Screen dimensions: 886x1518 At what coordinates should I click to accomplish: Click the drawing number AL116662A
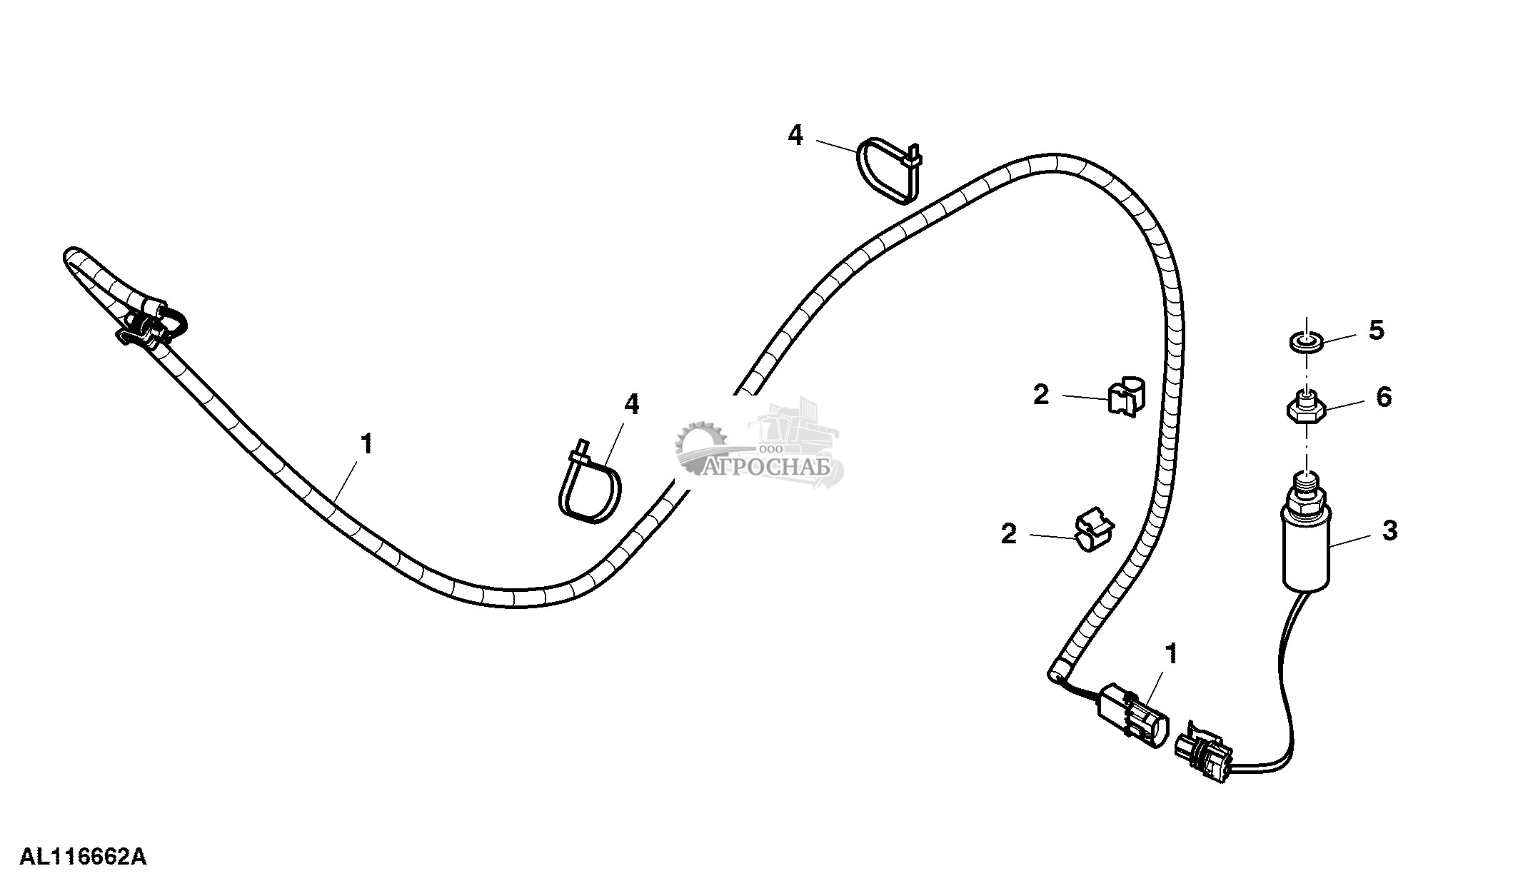click(x=83, y=856)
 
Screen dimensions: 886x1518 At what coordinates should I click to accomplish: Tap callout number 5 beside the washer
click(x=1377, y=330)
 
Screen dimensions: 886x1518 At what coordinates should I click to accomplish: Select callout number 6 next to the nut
click(x=1383, y=397)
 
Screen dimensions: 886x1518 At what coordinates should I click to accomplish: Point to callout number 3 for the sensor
click(x=1389, y=530)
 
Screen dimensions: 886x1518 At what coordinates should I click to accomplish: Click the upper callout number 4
click(x=795, y=135)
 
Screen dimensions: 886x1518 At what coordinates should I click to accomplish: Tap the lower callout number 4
click(x=632, y=405)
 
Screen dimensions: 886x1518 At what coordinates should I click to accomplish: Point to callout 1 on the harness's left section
click(x=367, y=444)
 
